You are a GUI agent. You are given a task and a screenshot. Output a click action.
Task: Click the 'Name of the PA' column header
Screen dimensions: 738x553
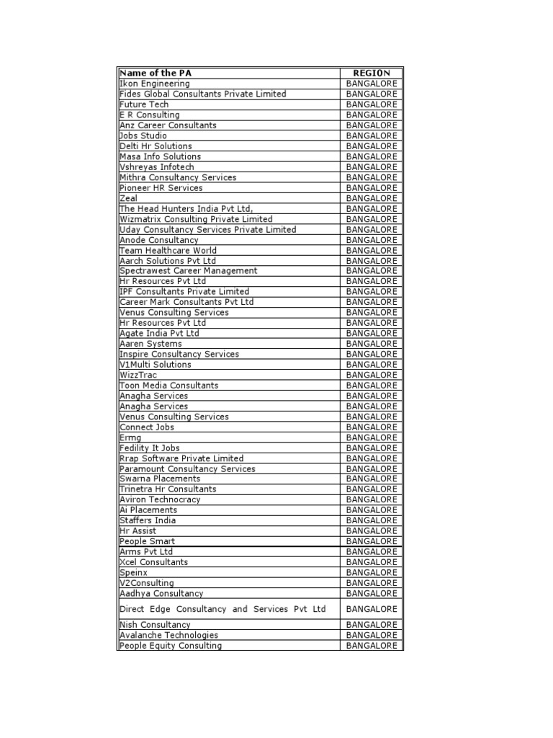[156, 73]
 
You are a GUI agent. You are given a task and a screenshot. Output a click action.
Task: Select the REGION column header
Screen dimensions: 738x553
[372, 73]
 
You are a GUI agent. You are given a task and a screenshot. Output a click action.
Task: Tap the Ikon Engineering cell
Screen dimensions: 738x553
[155, 84]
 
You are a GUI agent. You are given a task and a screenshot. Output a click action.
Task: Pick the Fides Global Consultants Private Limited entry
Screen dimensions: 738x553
[202, 94]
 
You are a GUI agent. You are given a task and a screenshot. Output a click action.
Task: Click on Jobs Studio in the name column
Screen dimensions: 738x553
[143, 135]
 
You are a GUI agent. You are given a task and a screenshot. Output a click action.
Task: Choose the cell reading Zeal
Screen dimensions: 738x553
[128, 198]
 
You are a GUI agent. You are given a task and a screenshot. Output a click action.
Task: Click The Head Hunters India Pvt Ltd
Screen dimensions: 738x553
[186, 208]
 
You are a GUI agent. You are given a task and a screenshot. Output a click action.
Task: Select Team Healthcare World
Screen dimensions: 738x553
[168, 250]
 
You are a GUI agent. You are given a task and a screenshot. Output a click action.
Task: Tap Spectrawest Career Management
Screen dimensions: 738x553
[188, 271]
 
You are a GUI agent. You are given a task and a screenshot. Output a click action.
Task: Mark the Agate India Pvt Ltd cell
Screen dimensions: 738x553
[159, 333]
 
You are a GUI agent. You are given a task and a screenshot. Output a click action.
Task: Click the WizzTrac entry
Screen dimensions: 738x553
[138, 375]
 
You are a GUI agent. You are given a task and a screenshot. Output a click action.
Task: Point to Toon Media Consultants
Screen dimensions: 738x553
[168, 386]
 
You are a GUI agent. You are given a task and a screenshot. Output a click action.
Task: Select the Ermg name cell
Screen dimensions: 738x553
[130, 437]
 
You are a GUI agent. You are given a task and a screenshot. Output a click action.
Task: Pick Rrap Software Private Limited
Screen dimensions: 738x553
[181, 458]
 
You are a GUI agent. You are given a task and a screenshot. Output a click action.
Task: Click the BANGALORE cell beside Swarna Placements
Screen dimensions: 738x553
[372, 479]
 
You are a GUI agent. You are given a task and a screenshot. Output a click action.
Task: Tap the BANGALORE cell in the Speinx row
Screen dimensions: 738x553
[372, 572]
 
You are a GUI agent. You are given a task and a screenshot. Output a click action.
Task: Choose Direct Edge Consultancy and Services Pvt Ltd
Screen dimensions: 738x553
[222, 609]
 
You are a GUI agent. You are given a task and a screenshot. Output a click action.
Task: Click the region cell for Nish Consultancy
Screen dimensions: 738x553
[372, 625]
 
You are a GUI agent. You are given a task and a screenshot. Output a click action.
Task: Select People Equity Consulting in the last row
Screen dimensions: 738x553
[171, 646]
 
